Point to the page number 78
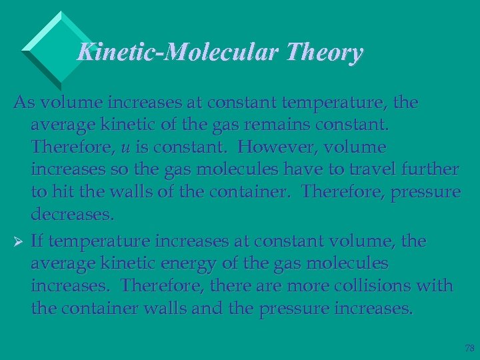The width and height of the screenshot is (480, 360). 469,348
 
